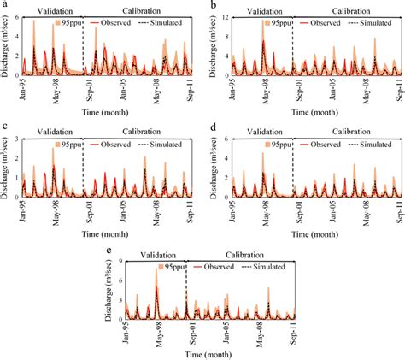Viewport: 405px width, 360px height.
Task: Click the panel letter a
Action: [x=4, y=5]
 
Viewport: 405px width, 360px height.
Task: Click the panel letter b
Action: [x=209, y=5]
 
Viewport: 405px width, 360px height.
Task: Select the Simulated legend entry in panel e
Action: [x=273, y=267]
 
